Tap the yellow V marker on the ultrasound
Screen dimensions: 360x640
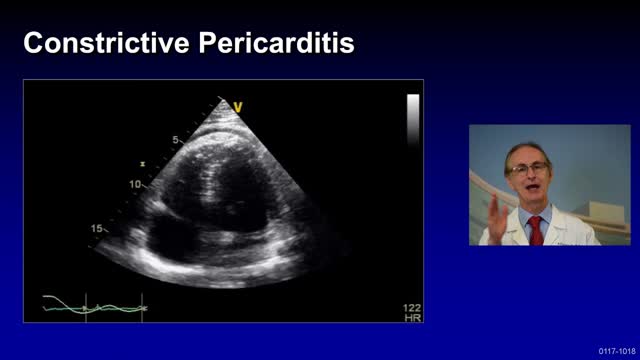click(x=239, y=106)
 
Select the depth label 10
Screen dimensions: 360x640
click(x=136, y=185)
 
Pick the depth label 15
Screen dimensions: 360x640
click(x=97, y=229)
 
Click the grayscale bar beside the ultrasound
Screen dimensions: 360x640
click(x=412, y=121)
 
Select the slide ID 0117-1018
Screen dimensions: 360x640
click(x=616, y=351)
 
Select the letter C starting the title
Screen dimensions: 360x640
click(x=33, y=44)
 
